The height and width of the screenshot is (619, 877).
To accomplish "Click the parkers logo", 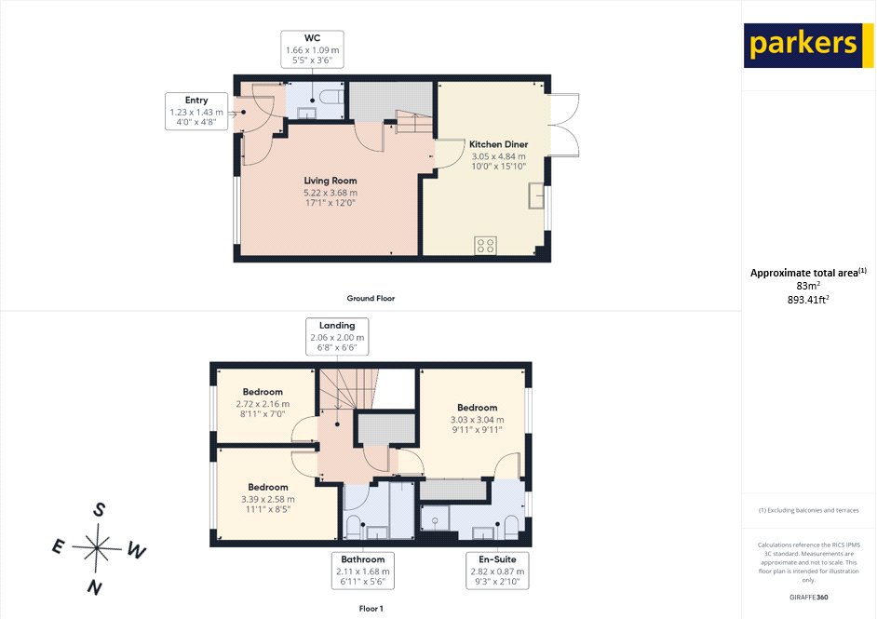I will click(803, 45).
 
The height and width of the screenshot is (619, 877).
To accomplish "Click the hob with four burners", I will click(485, 246).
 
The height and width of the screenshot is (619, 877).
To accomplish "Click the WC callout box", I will click(312, 48).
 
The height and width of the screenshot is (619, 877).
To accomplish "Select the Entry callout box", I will click(196, 111).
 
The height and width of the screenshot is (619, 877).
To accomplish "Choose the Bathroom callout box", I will click(364, 570).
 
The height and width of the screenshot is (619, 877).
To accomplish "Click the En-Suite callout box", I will click(492, 570).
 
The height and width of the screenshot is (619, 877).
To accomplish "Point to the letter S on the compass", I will click(99, 509).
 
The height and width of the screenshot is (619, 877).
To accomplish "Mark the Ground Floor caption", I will click(371, 298).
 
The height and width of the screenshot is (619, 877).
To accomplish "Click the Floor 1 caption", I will click(371, 608).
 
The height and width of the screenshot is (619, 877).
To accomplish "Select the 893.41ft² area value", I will click(808, 301).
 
